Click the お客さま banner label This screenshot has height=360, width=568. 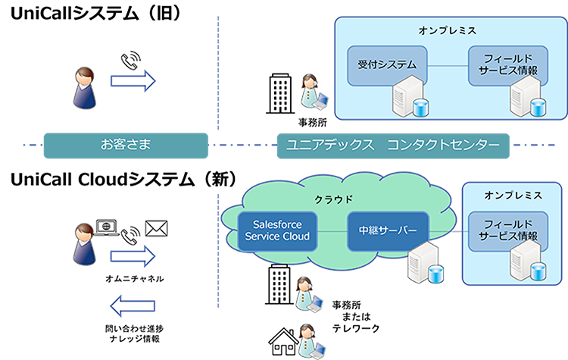click(x=120, y=143)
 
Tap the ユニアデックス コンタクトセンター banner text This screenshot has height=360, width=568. click(x=390, y=144)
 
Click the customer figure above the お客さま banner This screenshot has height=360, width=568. click(x=85, y=86)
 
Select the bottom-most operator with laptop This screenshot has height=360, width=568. click(x=307, y=337)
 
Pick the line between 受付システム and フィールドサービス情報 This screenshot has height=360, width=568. click(x=445, y=66)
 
